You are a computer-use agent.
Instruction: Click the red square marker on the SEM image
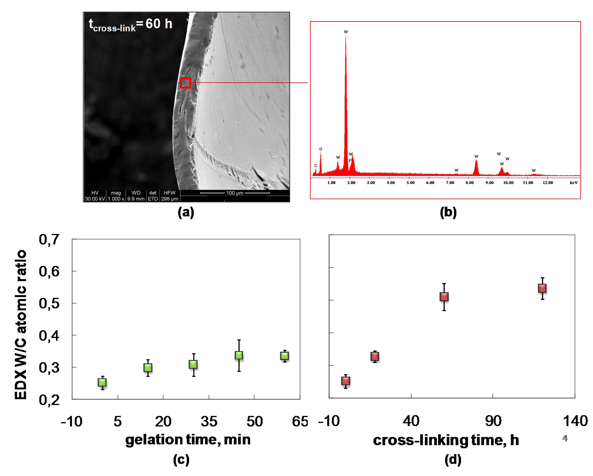pos(186,83)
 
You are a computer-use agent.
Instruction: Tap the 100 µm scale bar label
pos(235,193)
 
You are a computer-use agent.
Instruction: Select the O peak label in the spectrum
pos(321,149)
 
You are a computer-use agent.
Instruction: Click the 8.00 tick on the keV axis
pos(469,183)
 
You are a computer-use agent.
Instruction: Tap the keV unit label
pos(574,183)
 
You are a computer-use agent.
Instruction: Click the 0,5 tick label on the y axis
pos(49,303)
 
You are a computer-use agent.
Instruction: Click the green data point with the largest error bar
pos(239,355)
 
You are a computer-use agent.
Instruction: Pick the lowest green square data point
pos(102,382)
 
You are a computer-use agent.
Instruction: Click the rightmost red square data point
pos(542,288)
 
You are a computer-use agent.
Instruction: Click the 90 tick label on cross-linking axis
pos(493,421)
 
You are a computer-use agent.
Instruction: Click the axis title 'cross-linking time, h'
pos(446,440)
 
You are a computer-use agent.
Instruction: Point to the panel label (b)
pos(448,212)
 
